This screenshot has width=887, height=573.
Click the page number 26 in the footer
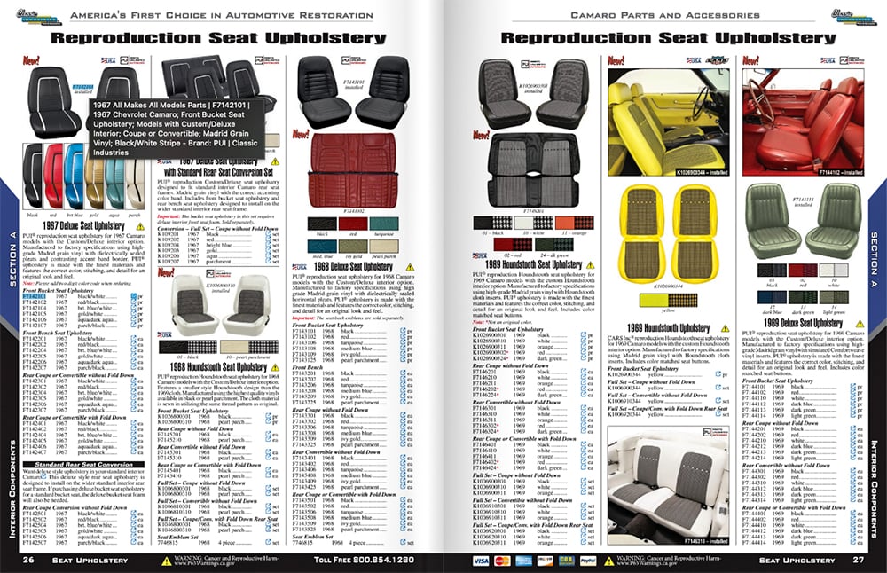(x=28, y=560)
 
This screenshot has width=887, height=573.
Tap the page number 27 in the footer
(x=858, y=560)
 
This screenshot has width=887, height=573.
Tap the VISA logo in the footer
(x=481, y=561)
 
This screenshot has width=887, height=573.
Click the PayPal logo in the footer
(x=587, y=561)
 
